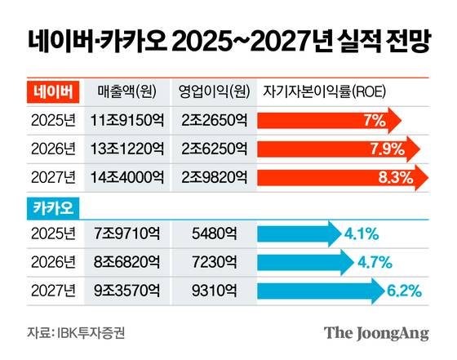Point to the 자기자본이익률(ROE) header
[x=324, y=90]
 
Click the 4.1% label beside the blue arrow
[x=362, y=234]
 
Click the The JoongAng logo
[x=376, y=333]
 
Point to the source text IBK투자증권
[x=91, y=333]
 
